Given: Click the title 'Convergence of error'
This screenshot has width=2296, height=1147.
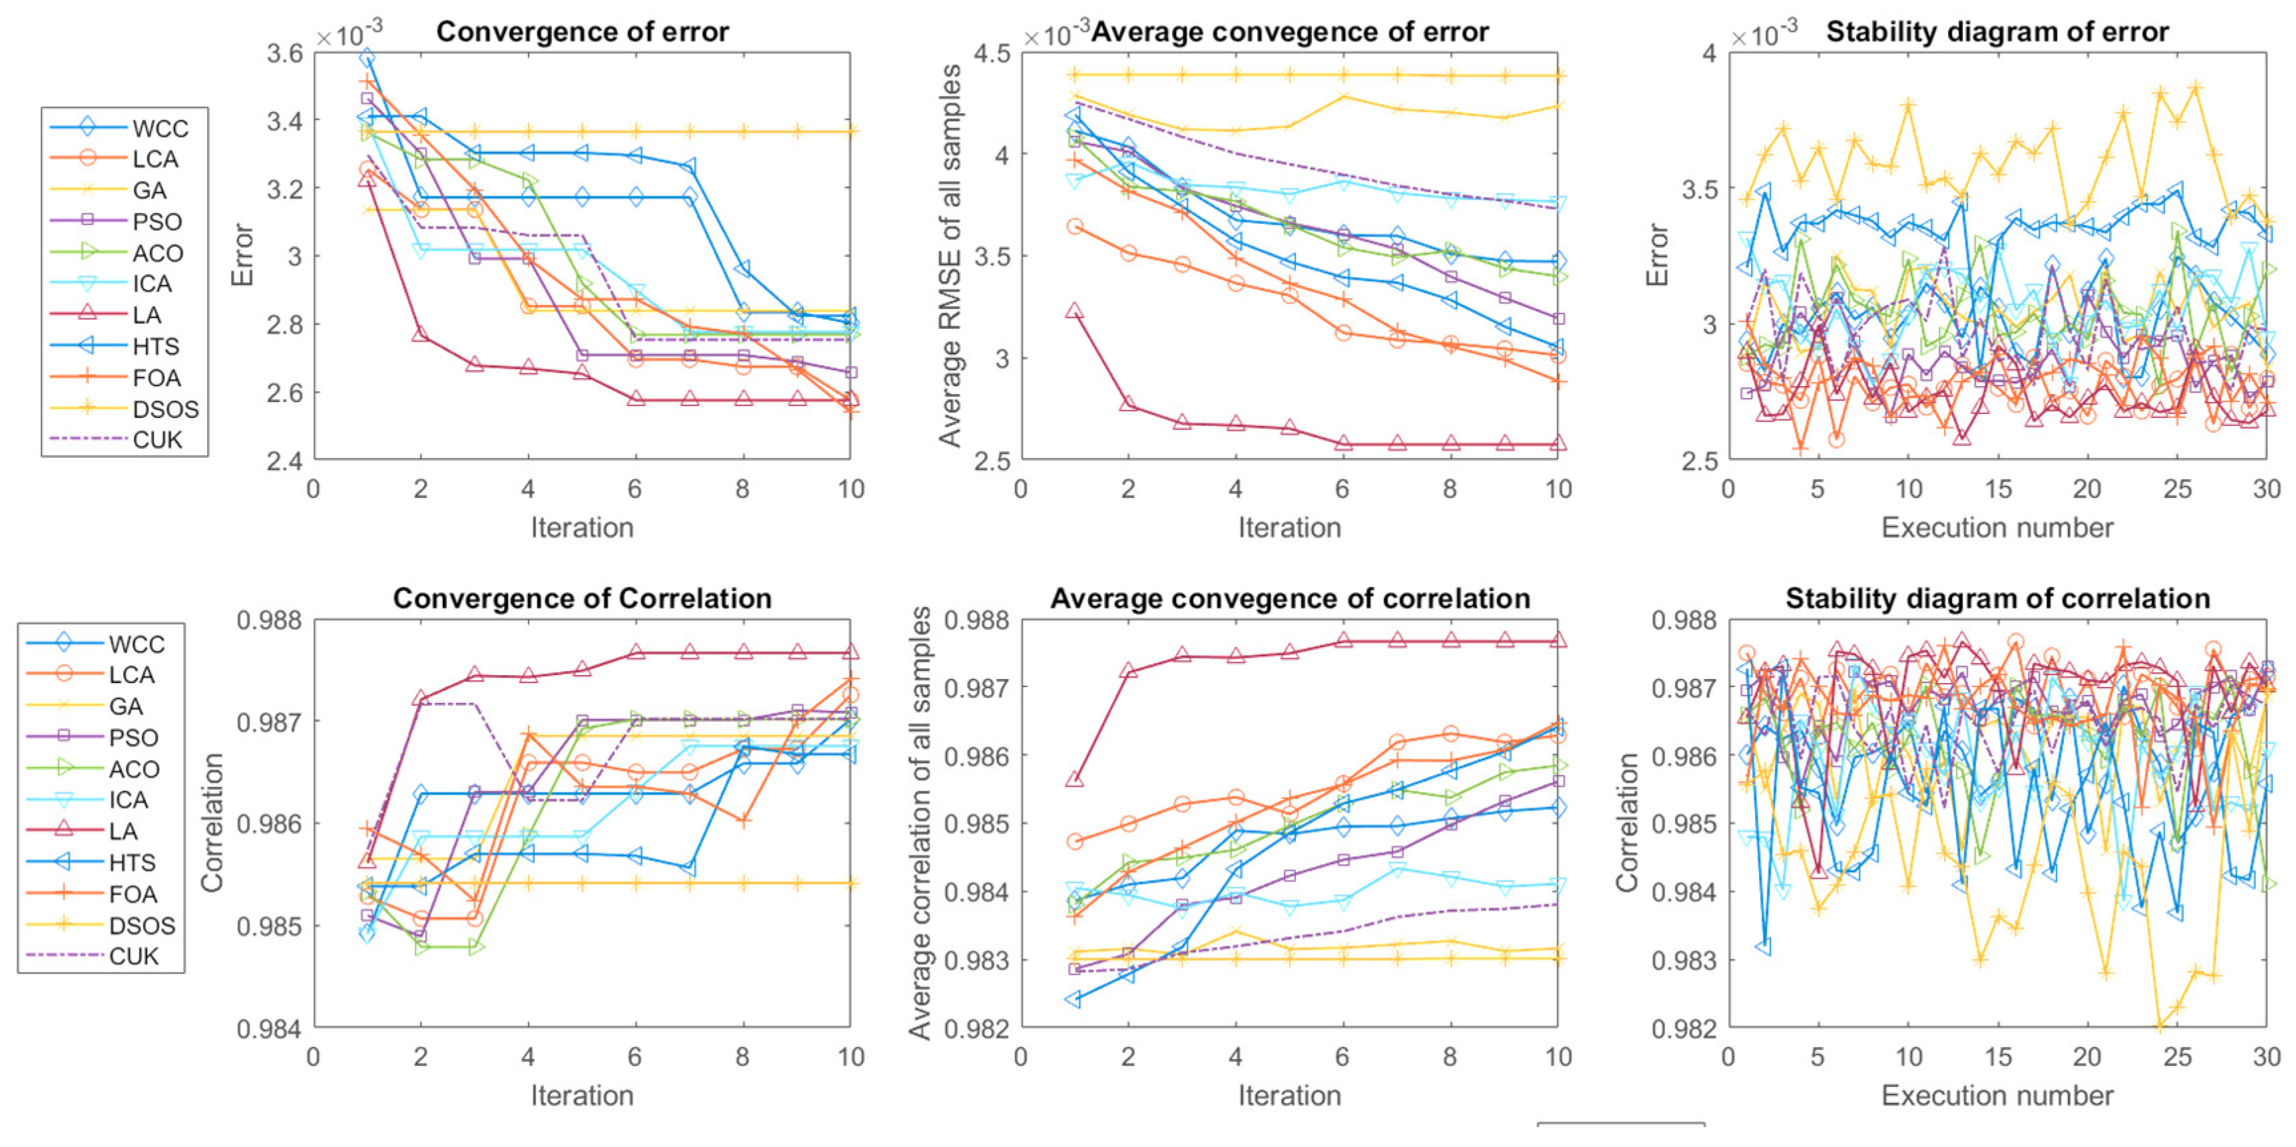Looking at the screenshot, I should [x=582, y=32].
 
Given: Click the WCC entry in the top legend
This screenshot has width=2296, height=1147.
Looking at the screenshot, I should [x=160, y=128].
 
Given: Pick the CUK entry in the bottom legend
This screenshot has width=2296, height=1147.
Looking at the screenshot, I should [x=133, y=957].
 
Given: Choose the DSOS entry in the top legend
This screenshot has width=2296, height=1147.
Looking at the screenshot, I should [x=165, y=409].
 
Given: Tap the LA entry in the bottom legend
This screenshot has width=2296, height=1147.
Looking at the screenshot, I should [x=123, y=831].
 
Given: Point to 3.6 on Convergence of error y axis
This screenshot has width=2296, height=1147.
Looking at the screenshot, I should [x=286, y=53].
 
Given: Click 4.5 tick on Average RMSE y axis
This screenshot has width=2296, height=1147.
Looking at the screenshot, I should [x=992, y=53].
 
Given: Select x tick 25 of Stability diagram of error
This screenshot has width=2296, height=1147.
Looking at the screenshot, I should [x=2177, y=489].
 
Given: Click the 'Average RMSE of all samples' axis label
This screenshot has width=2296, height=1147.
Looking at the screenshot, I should [x=951, y=255].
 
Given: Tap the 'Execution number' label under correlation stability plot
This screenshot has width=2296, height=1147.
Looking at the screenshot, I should [x=1997, y=1095].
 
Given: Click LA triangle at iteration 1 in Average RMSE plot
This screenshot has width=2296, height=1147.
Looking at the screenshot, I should [x=1074, y=311].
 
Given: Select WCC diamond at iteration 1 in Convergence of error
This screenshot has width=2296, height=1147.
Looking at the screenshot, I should [x=366, y=59].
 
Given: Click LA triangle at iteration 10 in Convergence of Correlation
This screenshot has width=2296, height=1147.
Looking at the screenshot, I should [x=851, y=652].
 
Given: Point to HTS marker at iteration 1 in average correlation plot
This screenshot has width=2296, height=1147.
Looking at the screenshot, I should [x=1074, y=999].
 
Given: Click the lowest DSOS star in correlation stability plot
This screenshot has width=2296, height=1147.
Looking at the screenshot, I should [x=2159, y=1027].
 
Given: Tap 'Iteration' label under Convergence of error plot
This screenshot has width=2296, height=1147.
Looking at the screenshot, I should [x=582, y=528].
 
